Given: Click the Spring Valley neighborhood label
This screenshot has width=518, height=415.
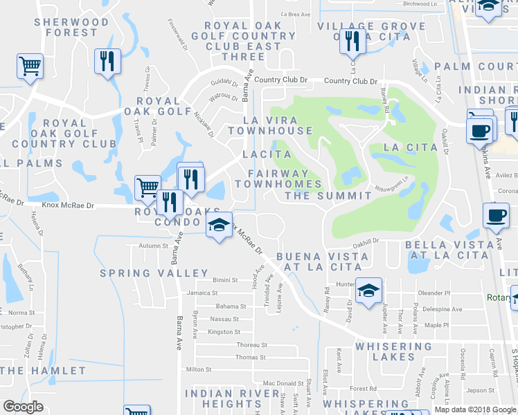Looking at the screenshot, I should click(x=154, y=273).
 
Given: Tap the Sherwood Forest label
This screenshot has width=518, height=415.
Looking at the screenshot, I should click(x=66, y=27).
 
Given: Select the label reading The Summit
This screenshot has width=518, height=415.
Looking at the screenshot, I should click(x=328, y=196).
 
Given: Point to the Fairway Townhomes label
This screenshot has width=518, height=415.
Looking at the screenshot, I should click(x=278, y=178).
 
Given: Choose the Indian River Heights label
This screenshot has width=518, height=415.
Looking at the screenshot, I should click(x=223, y=398).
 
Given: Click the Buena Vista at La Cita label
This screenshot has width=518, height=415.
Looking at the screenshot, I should click(x=322, y=261).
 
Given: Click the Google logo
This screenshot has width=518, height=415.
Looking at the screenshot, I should click(x=23, y=407).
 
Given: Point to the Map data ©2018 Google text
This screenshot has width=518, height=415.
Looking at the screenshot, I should click(x=475, y=409).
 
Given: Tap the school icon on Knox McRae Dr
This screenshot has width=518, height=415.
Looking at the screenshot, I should click(x=219, y=225).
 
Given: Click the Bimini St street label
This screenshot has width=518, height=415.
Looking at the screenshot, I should click(x=225, y=281).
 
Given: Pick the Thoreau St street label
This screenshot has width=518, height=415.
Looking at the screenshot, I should click(x=251, y=344).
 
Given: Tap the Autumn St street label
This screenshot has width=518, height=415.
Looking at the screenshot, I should click(x=153, y=246).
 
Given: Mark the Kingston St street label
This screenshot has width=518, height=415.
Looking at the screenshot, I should click(x=224, y=332).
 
